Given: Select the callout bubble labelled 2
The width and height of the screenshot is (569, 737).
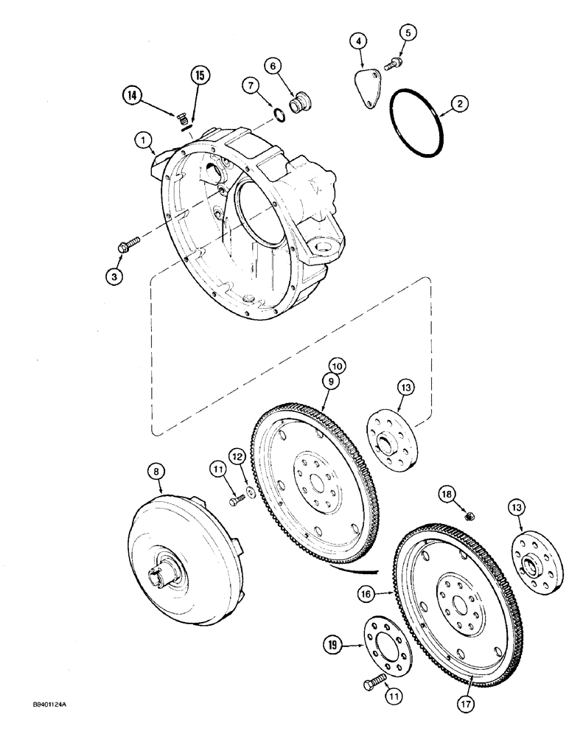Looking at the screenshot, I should coord(458,105).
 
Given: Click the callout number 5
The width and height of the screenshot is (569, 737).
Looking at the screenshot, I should coord(409,32).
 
